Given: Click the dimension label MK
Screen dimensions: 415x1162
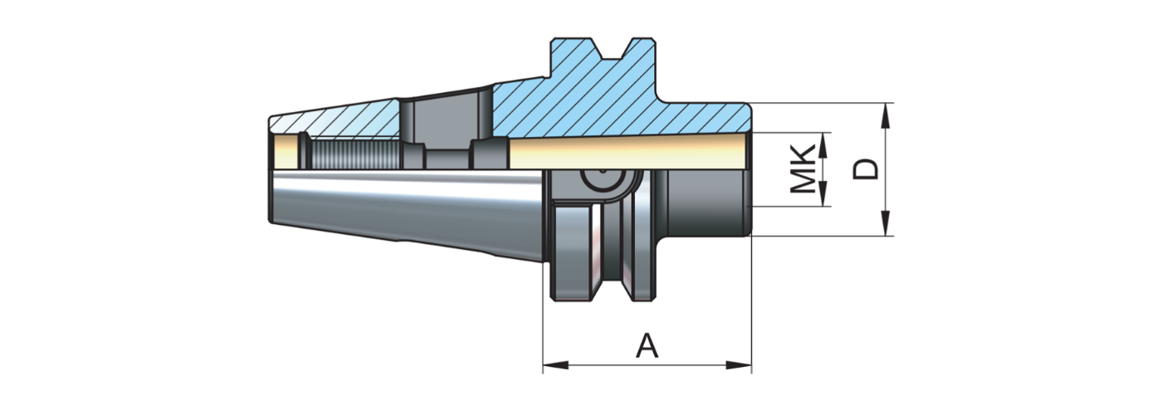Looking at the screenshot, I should pyautogui.click(x=802, y=169).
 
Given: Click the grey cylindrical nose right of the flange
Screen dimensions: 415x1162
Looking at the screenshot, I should pyautogui.click(x=705, y=203).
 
